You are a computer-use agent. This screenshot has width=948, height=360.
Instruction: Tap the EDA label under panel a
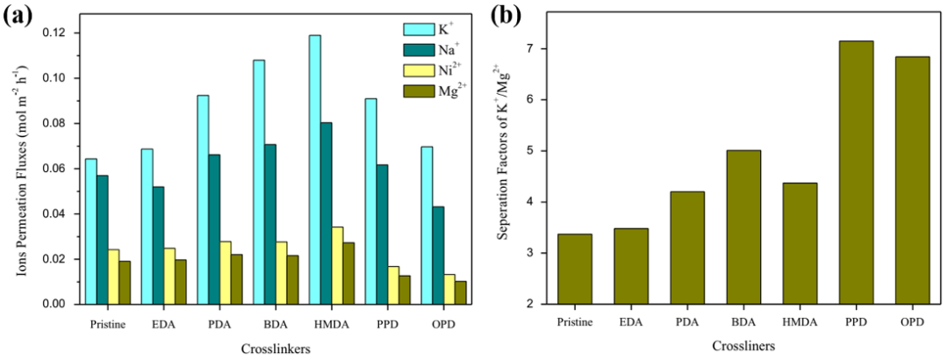tap(164, 323)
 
